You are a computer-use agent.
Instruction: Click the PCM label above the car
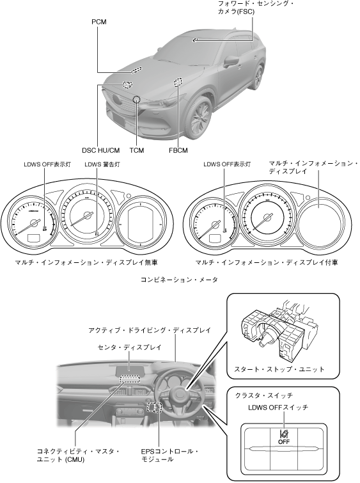(99, 22)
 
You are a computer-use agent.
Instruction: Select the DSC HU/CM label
(100, 150)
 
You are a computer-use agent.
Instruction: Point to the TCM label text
(137, 150)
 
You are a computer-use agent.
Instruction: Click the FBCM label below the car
(178, 150)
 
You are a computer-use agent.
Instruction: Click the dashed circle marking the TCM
(136, 99)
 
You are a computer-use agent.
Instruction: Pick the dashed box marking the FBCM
(178, 82)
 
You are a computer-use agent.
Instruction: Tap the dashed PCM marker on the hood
(136, 70)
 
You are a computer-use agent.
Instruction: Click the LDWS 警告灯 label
(102, 164)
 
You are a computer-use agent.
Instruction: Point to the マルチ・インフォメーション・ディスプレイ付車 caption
(267, 262)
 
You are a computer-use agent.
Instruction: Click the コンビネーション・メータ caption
(179, 280)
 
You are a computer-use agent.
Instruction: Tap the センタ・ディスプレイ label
(129, 347)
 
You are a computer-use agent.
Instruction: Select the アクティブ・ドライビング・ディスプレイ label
(150, 330)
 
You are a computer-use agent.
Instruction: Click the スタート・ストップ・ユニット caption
(279, 369)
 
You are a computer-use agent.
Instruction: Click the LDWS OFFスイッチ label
(278, 408)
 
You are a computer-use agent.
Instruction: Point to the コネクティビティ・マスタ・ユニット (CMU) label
(78, 455)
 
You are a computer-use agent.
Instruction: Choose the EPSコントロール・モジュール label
(169, 455)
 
